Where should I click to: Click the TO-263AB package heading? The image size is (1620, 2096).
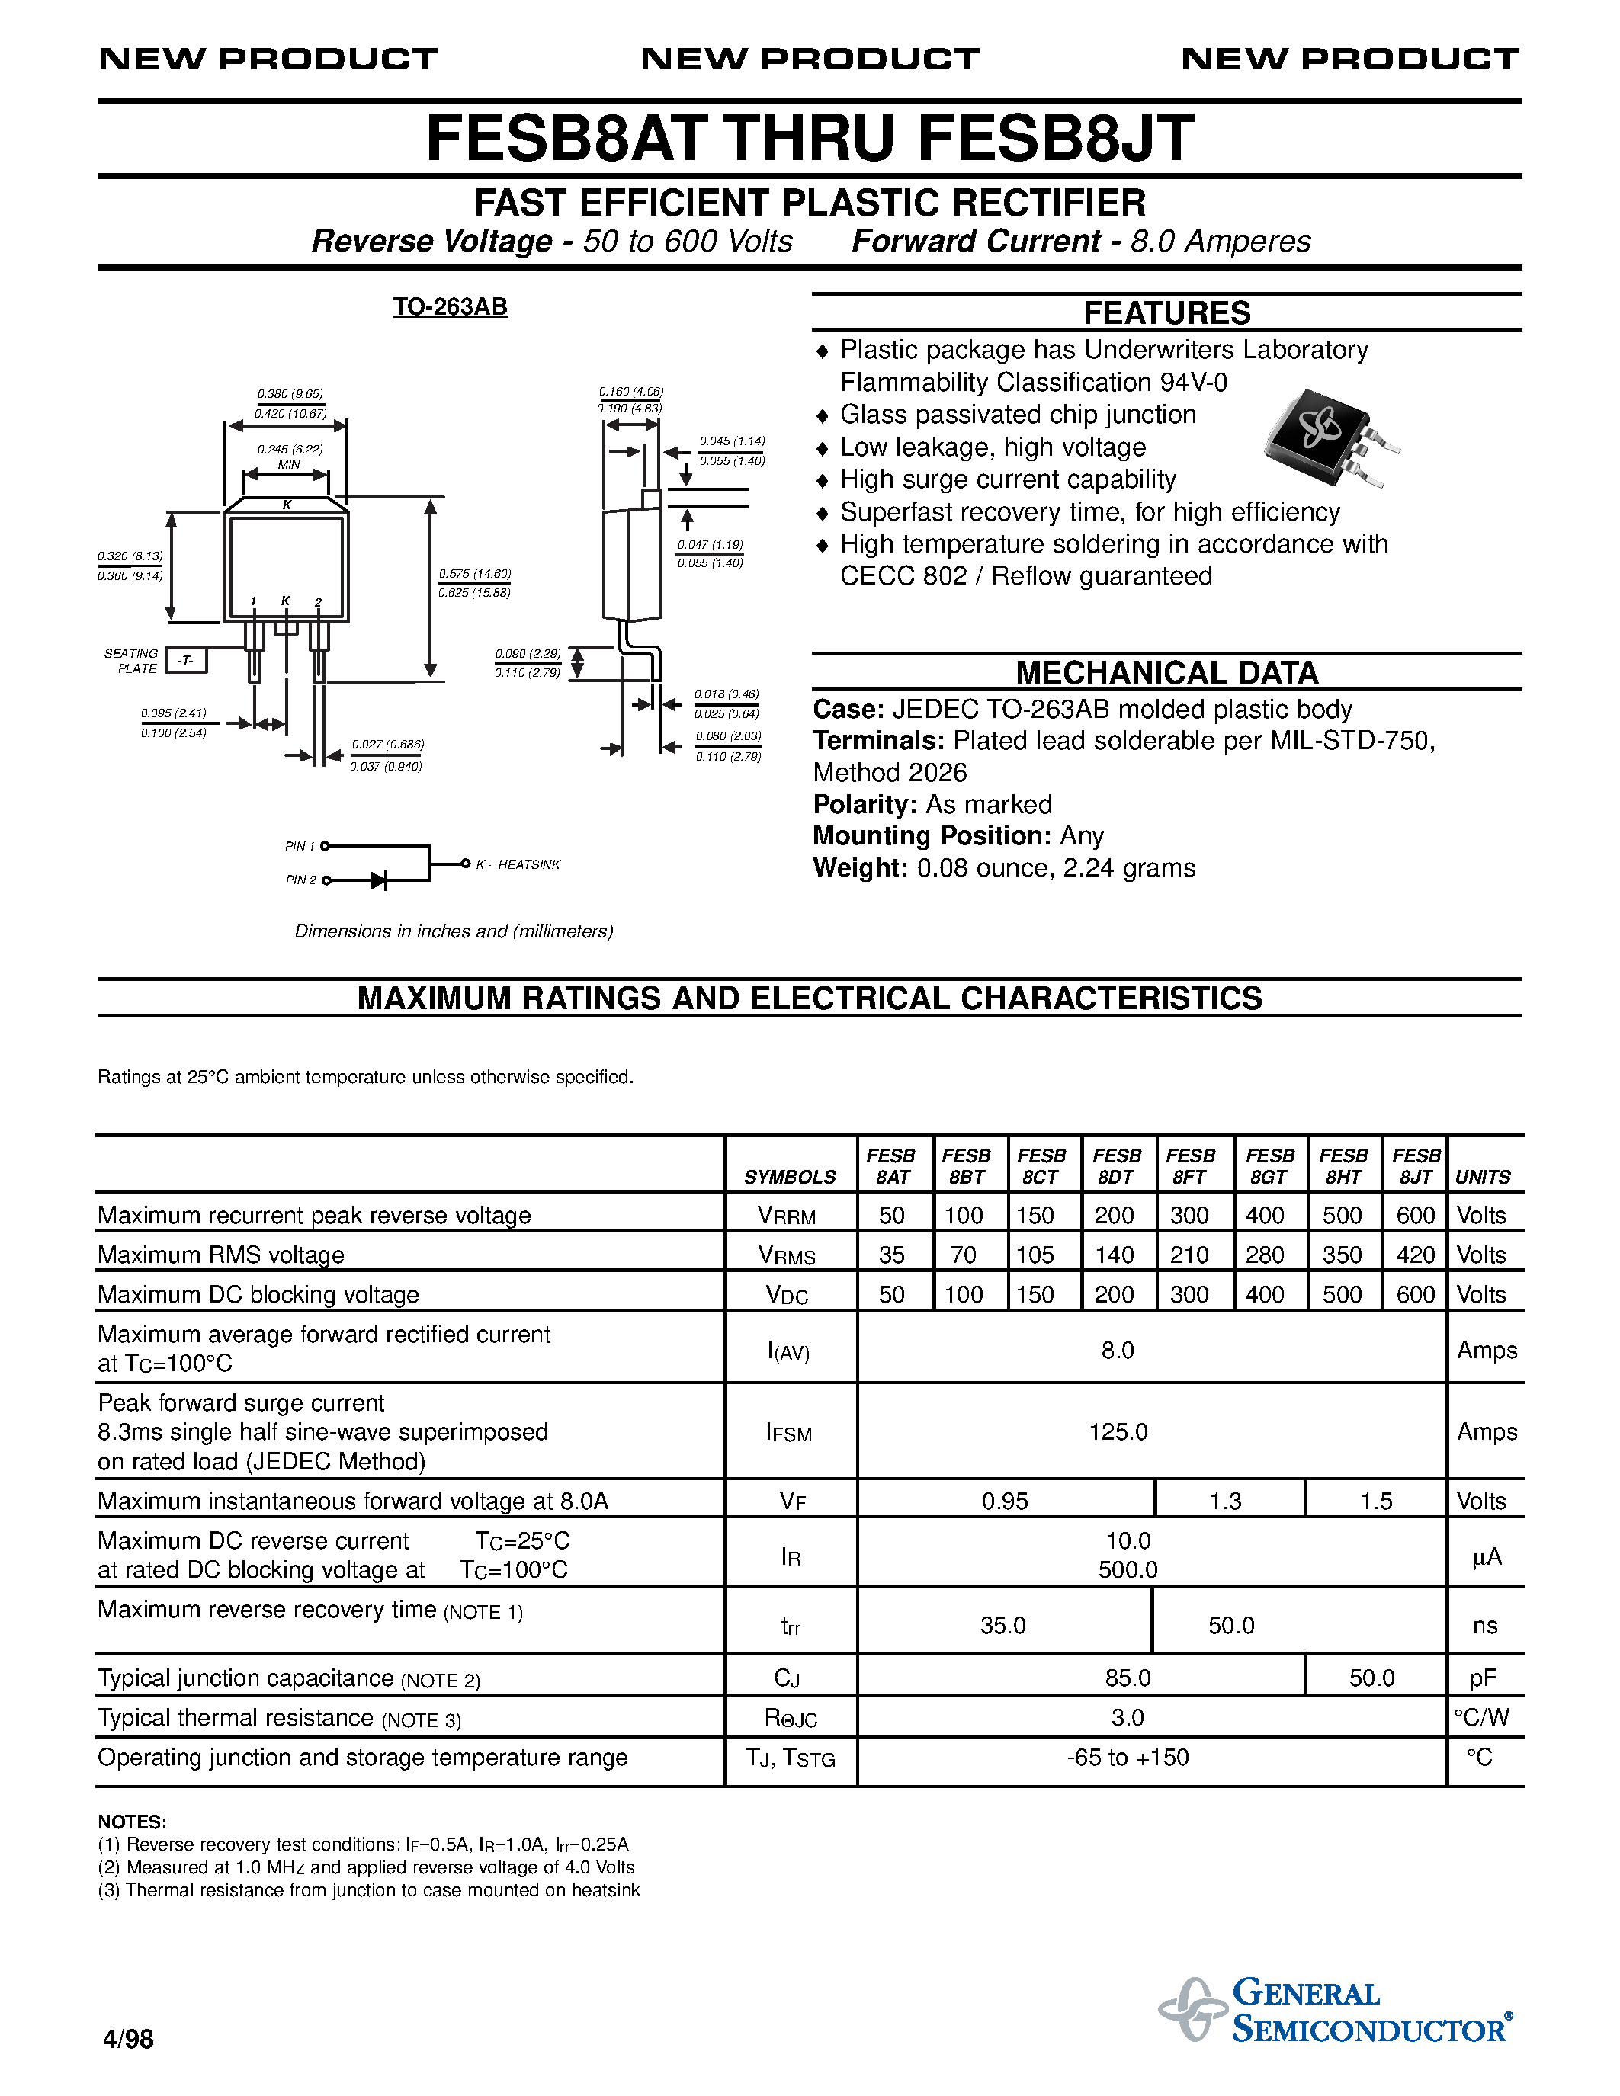coord(450,307)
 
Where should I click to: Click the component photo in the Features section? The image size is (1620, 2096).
coord(1331,437)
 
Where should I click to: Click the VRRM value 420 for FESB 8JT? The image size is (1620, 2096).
coord(1415,1255)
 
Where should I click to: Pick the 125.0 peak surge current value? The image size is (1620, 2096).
coord(1118,1432)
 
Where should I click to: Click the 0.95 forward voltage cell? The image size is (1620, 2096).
coord(1005,1501)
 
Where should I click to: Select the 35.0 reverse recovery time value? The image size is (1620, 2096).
coord(1003,1625)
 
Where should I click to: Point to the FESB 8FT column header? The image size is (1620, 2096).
coord(1191,1166)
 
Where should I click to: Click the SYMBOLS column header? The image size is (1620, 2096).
coord(790,1177)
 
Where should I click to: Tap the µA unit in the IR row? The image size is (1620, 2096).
coord(1486,1556)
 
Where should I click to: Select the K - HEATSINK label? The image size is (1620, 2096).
coord(518,865)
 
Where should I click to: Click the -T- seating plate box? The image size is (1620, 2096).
coord(186,660)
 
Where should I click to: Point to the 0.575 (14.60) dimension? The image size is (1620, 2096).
coord(474,574)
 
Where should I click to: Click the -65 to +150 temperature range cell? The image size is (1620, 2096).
coord(1128,1758)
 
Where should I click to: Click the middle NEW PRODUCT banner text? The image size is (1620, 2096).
coord(810,59)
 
